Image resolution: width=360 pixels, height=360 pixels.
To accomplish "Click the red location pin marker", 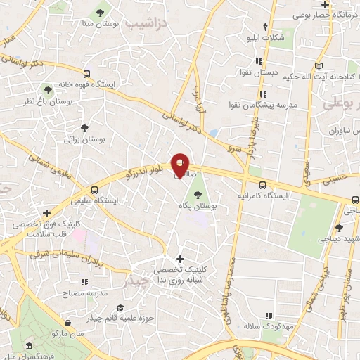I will pyautogui.click(x=181, y=165).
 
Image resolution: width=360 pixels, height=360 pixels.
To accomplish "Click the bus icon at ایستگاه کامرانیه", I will pyautogui.click(x=260, y=185).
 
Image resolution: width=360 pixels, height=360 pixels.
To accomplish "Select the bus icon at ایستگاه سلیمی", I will pyautogui.click(x=96, y=190).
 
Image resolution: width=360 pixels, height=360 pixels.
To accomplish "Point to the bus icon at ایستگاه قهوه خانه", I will pyautogui.click(x=86, y=73).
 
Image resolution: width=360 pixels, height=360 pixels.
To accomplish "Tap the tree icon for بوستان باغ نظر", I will pyautogui.click(x=47, y=90).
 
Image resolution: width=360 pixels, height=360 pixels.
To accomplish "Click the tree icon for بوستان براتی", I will pyautogui.click(x=84, y=129).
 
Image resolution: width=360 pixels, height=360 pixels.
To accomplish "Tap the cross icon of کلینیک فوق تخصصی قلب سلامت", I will pyautogui.click(x=46, y=213).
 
